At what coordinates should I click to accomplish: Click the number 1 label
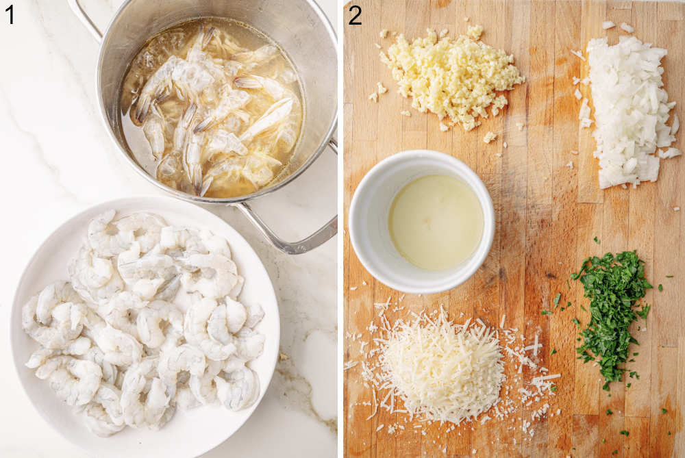pos(10,14)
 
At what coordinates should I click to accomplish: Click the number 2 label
pos(354,14)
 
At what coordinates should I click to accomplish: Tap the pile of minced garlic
pos(452,75)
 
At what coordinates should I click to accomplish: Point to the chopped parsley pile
pos(612,301)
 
